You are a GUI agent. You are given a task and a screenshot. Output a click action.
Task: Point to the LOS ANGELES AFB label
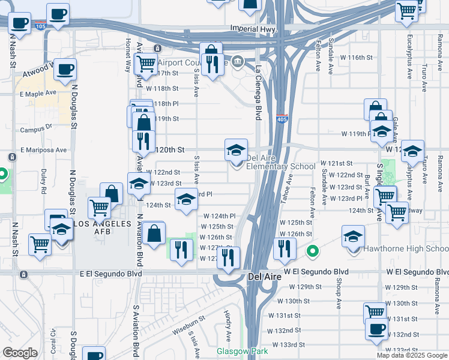click(x=94, y=223)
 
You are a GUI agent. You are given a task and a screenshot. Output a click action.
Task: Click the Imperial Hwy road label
click(x=252, y=28)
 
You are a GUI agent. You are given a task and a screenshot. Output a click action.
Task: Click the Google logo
click(x=20, y=353)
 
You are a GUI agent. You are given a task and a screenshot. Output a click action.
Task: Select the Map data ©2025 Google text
click(x=412, y=355)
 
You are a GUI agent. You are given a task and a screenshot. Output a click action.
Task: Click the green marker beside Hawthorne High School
click(x=312, y=251)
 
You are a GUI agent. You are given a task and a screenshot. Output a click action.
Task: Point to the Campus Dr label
click(x=36, y=128)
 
